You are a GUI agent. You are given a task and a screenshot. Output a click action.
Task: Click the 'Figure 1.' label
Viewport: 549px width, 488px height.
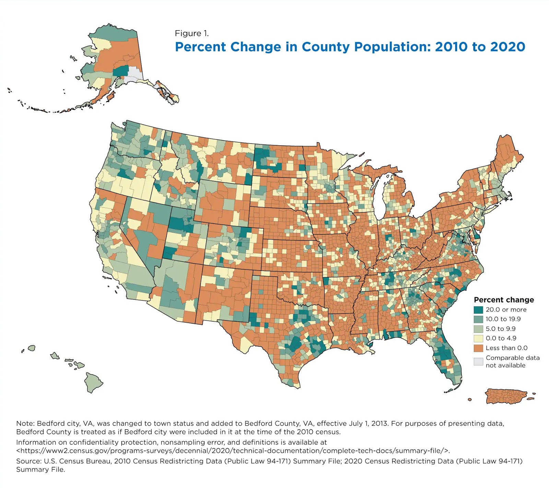[191, 33]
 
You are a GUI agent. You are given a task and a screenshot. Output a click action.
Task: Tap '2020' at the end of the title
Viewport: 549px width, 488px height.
[507, 47]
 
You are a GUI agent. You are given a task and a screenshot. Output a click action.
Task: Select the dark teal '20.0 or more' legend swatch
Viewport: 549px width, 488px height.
[478, 310]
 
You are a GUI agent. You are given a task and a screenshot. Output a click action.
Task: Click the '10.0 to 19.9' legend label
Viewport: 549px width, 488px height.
[503, 319]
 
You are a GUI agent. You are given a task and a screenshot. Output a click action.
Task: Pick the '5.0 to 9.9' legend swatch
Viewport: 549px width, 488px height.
[478, 329]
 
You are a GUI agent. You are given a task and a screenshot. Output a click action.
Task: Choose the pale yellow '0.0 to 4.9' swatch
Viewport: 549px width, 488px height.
[478, 338]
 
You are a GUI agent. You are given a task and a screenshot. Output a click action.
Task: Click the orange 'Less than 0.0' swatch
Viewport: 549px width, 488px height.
[478, 348]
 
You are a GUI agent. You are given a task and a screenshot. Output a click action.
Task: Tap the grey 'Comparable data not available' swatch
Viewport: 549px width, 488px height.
[478, 361]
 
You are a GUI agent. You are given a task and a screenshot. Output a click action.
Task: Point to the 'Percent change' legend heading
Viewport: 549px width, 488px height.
[504, 300]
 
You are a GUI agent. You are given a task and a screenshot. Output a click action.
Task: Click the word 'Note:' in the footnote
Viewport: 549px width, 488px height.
[25, 423]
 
